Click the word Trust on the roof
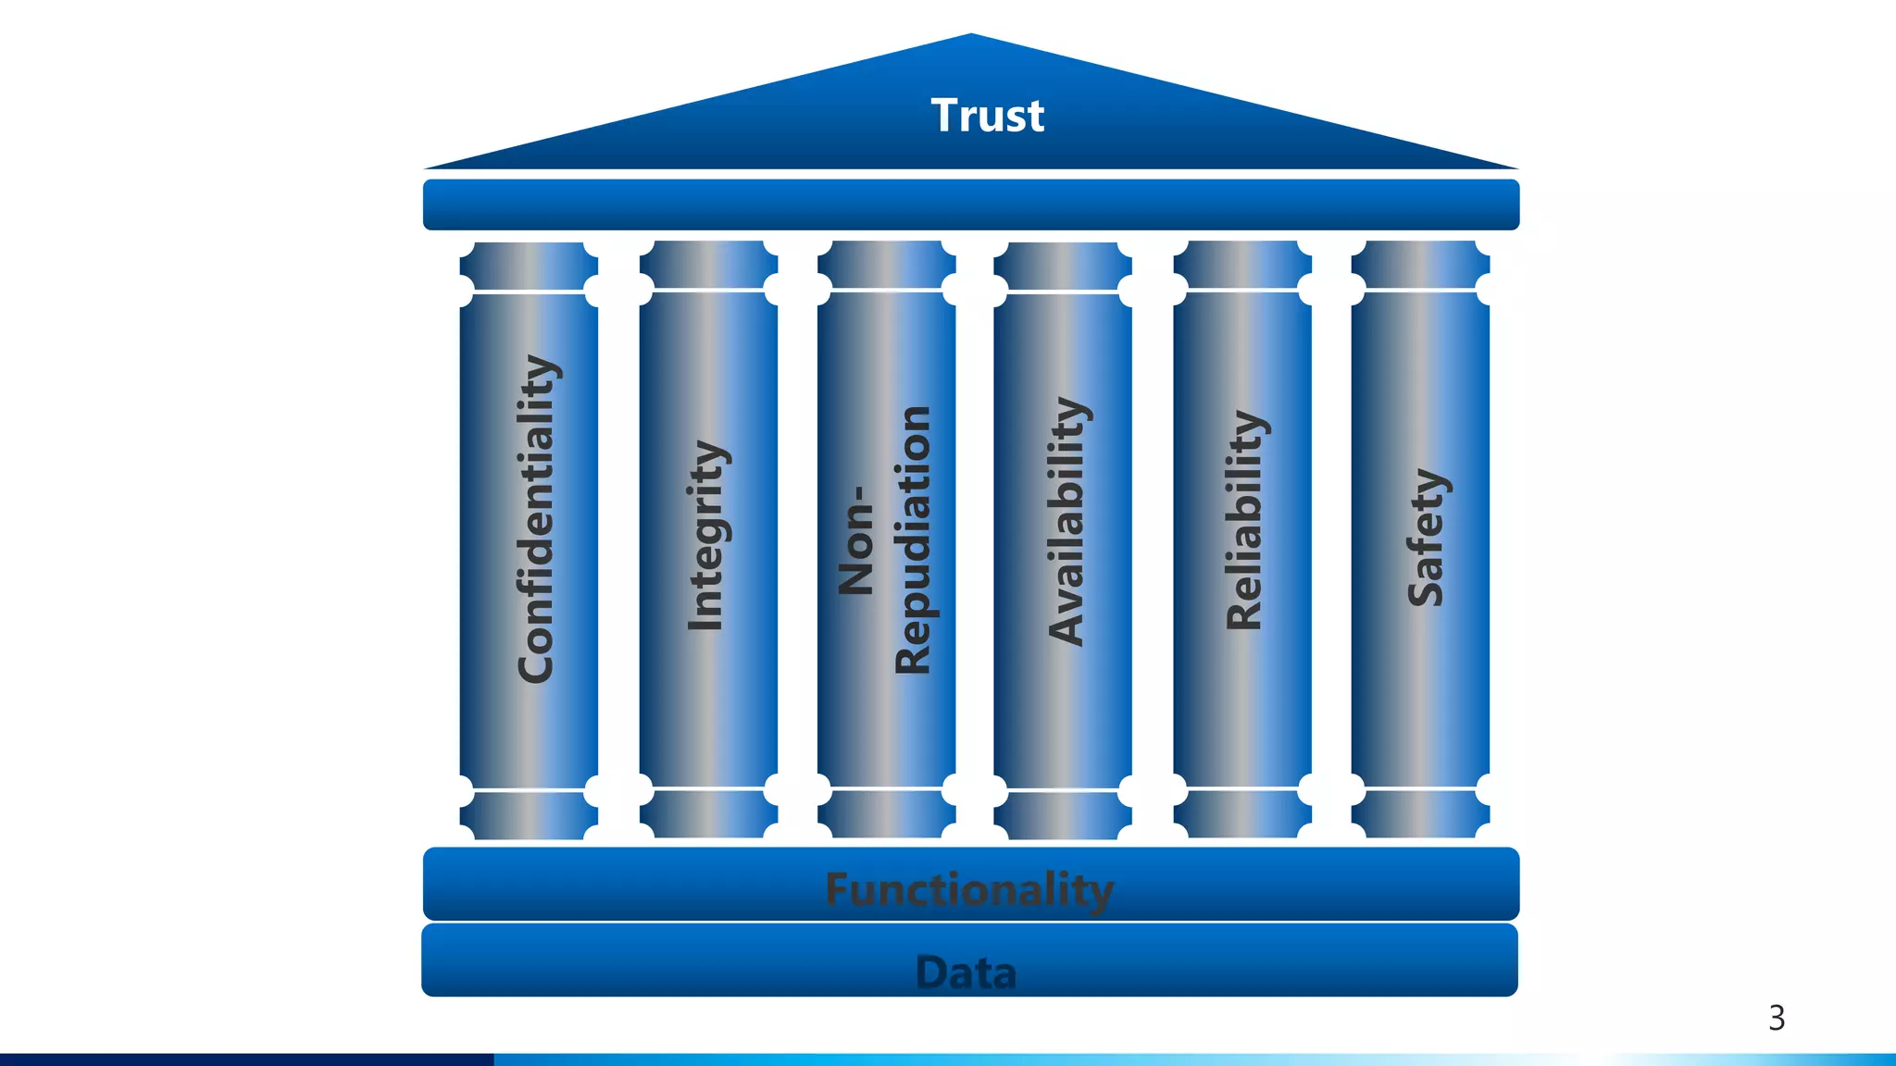(987, 116)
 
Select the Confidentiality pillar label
(537, 519)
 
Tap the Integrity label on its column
(707, 536)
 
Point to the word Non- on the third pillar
(856, 540)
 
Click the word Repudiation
(914, 539)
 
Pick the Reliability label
(1245, 520)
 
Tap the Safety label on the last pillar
(1426, 538)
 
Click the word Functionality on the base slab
(969, 890)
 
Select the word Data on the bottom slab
(967, 973)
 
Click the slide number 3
(1777, 1018)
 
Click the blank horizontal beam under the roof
(970, 205)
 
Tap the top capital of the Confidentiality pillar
(529, 266)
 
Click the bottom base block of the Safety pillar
(1420, 814)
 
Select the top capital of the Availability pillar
(1063, 266)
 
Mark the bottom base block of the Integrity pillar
(708, 814)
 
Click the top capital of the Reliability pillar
(1242, 266)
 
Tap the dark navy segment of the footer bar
(246, 1060)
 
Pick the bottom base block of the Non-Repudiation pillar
(886, 814)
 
